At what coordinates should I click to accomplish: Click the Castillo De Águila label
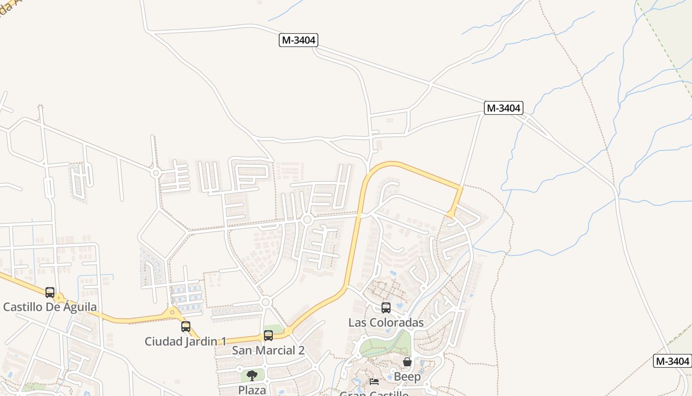coord(50,307)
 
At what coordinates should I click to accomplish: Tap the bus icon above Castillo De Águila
coord(50,293)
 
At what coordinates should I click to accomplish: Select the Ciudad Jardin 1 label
coord(185,341)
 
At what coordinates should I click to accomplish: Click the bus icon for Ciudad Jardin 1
coord(186,327)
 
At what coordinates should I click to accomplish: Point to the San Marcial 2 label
coord(268,350)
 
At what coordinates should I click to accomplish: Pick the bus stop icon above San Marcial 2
coord(268,336)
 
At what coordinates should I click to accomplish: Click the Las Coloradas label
coord(386,323)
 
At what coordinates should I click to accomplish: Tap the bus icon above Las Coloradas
coord(386,308)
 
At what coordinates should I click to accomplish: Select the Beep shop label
coord(407,377)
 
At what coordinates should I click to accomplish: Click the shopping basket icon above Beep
coord(407,362)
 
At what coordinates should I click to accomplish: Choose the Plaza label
coord(252,390)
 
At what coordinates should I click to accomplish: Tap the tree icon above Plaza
coord(252,375)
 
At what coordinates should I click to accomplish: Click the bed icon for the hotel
coord(374,382)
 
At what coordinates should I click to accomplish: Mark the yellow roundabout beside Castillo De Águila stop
coord(60,298)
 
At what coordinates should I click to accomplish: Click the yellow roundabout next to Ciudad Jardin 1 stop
coord(173,312)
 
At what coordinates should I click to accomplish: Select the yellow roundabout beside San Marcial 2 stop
coord(288,331)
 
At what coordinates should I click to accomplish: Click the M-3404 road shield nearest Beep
coord(672,361)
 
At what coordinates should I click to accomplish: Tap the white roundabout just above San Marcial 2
coord(265,301)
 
